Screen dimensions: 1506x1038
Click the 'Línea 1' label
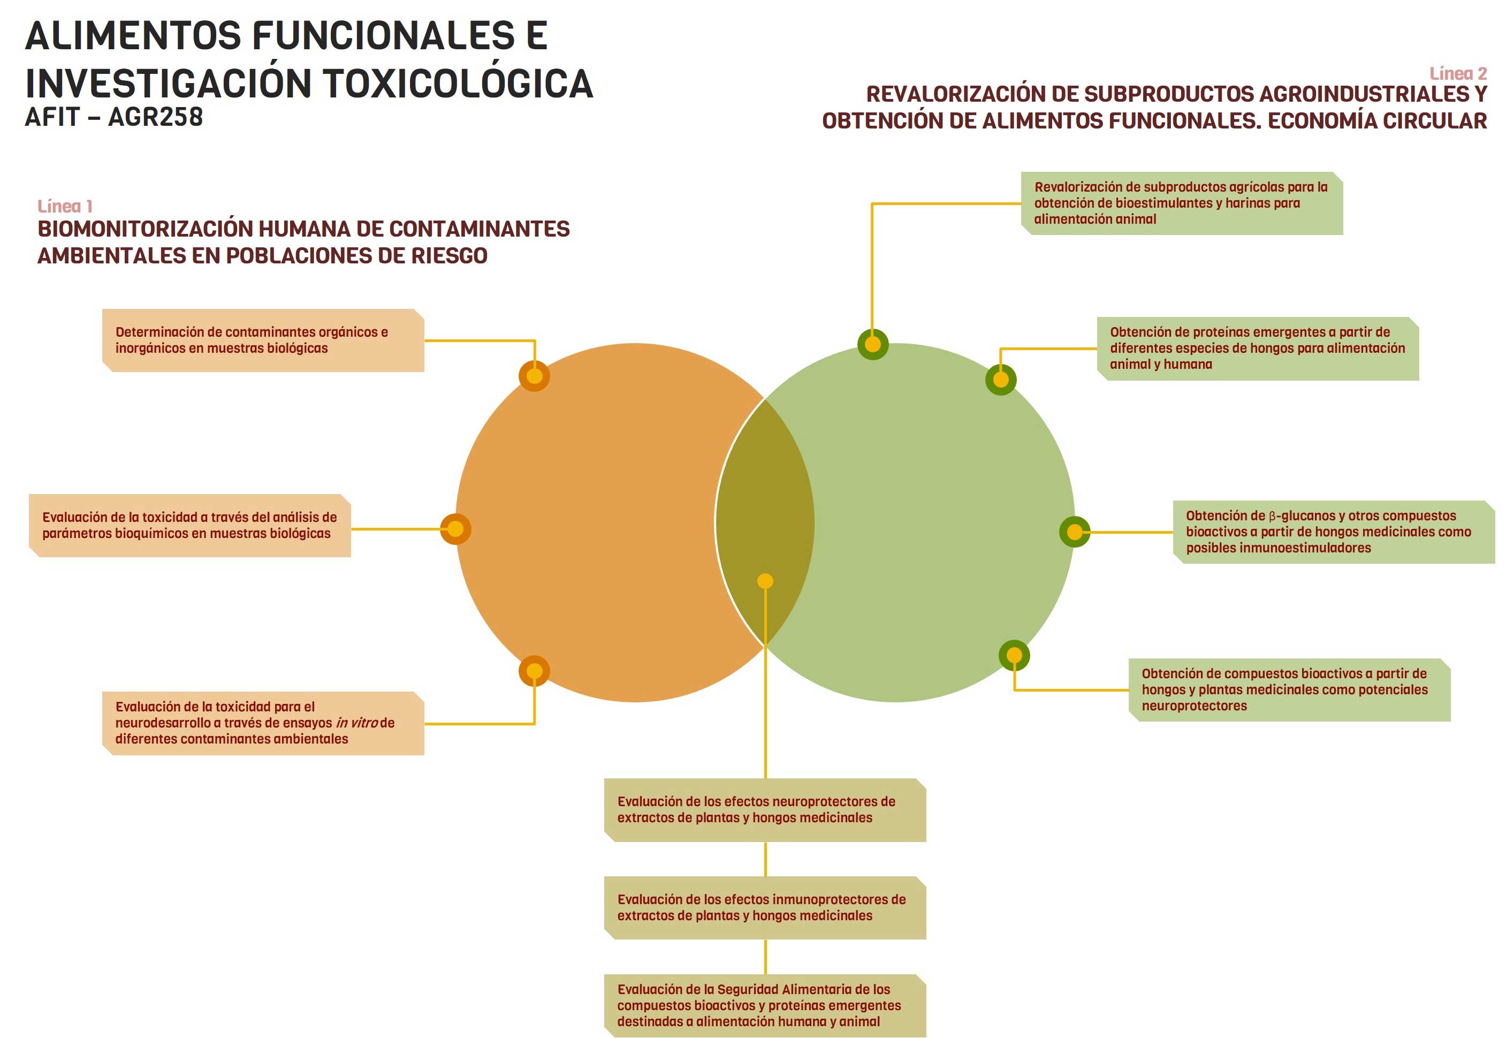click(65, 206)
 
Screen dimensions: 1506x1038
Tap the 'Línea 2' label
click(1458, 73)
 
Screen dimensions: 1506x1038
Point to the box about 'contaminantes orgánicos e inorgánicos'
click(263, 340)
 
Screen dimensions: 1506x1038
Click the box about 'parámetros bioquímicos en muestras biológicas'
click(190, 526)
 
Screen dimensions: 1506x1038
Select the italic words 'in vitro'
click(356, 723)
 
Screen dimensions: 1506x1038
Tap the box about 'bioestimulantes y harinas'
click(1182, 203)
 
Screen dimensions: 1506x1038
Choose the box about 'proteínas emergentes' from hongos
click(1258, 348)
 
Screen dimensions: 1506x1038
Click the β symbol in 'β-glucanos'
click(1273, 517)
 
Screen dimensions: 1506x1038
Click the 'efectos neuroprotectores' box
click(765, 810)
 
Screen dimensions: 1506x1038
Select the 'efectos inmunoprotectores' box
click(765, 908)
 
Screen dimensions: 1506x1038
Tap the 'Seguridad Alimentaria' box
click(765, 1005)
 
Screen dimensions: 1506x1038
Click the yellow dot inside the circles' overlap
click(765, 581)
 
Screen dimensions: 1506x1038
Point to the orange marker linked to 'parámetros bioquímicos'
click(456, 529)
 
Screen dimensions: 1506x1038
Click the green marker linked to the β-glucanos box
click(1075, 532)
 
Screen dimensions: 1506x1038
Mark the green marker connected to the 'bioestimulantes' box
click(873, 344)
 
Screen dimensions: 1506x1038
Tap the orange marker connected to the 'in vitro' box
click(535, 671)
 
